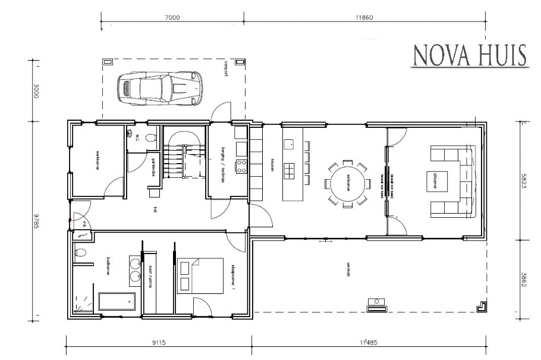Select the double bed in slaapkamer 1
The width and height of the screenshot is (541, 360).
point(200,275)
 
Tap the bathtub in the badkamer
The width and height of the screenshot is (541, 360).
point(117,300)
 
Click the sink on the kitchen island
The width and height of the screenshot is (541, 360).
point(290,144)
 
